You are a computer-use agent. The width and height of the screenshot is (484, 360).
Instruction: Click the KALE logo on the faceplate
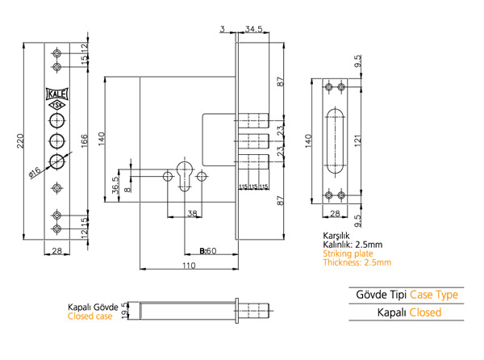[x=56, y=92]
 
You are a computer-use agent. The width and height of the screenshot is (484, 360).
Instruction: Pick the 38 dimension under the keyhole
[x=191, y=214]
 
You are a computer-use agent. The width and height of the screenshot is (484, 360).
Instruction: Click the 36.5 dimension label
[x=115, y=185]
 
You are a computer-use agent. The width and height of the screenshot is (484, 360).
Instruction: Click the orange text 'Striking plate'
[x=348, y=253]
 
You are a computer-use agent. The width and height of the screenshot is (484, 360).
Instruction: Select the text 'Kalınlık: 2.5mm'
[x=353, y=245]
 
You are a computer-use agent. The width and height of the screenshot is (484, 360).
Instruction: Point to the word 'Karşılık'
[x=338, y=236]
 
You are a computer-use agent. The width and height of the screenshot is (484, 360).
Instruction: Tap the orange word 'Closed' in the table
[x=425, y=312]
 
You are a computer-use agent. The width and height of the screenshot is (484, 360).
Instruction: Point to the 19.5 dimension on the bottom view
[x=124, y=310]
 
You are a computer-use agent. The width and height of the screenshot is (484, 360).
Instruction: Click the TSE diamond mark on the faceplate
[x=56, y=104]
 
